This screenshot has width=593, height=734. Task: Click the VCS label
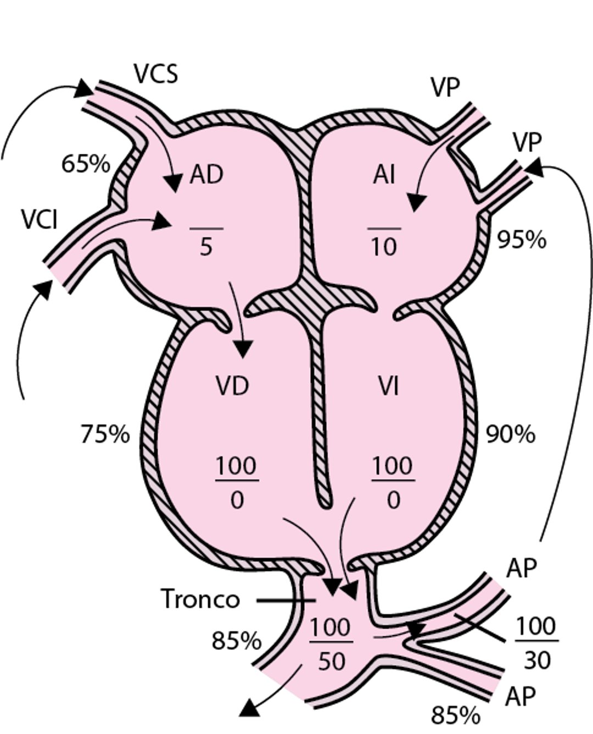[x=156, y=74]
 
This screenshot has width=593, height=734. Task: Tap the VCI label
[x=40, y=220]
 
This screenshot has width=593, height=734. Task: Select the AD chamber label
[x=206, y=175]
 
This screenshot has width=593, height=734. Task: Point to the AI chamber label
[x=384, y=175]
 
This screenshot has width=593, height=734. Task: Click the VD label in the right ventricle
[x=232, y=386]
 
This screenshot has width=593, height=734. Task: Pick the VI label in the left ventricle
[x=388, y=386]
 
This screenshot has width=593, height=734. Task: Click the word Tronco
[x=200, y=599]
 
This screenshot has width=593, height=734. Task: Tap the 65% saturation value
[x=86, y=164]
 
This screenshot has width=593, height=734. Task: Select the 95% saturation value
[x=522, y=240]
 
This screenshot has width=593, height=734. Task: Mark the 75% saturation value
[x=105, y=434]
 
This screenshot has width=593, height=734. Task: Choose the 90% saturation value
[x=511, y=434]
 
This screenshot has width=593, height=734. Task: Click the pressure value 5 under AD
[x=206, y=248]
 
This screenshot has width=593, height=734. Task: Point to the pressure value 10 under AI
[x=384, y=248]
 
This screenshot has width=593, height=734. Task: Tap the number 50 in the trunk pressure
[x=332, y=661]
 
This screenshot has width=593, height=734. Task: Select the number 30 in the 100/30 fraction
[x=536, y=660]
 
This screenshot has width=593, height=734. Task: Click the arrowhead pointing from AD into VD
[x=243, y=349]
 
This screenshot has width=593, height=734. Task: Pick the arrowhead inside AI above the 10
[x=417, y=202]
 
